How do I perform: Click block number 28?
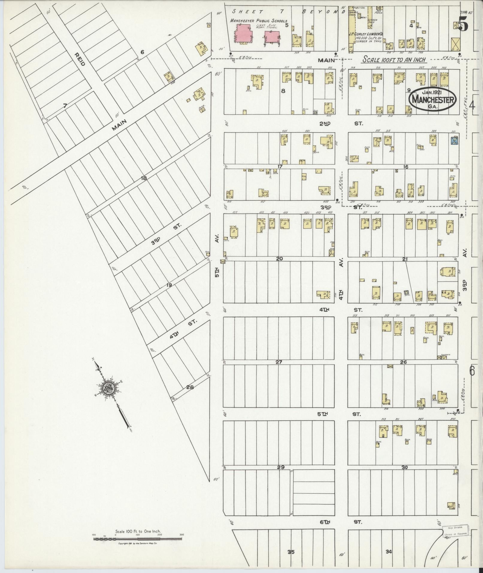pos(190,387)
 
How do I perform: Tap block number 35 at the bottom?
pos(291,552)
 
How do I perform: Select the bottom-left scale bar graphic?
pos(138,539)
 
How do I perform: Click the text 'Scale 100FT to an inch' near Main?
pos(394,60)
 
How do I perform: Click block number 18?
pos(144,178)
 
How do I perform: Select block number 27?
pos(279,362)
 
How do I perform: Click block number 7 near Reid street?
pos(65,105)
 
